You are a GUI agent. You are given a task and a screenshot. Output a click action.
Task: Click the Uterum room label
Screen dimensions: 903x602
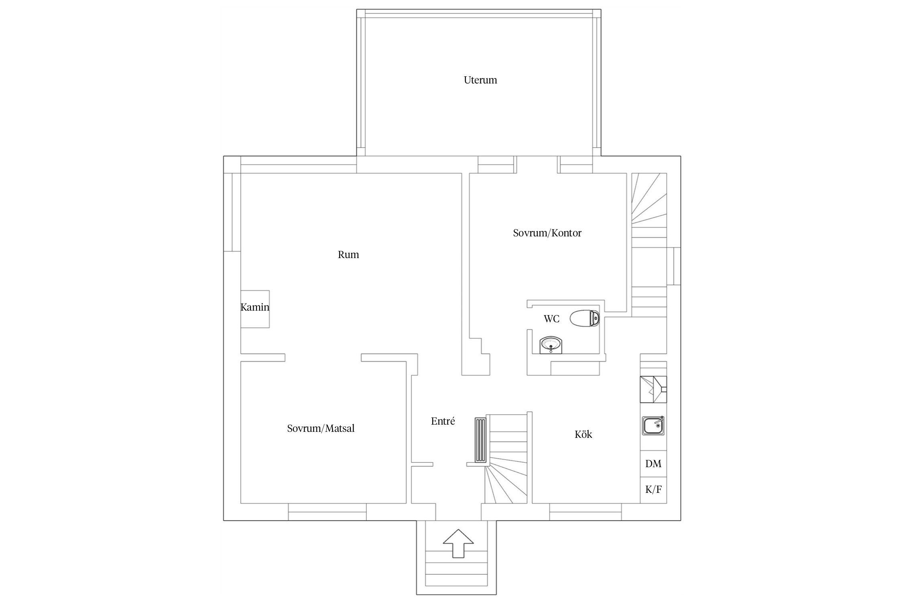coord(480,80)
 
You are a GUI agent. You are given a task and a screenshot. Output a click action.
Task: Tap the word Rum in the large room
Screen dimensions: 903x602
coord(348,255)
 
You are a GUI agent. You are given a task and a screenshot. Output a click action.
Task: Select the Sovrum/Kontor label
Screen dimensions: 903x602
coord(547,233)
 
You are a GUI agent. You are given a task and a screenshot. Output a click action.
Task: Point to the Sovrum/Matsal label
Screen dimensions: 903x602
coord(321,429)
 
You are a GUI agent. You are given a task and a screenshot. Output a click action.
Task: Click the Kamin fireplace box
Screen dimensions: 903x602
coord(255,309)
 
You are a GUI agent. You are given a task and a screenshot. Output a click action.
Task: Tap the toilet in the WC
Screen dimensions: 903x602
coord(585,318)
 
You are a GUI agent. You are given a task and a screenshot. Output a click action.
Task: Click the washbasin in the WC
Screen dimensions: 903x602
coord(551,345)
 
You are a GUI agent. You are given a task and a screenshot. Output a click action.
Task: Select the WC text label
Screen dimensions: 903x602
coord(551,319)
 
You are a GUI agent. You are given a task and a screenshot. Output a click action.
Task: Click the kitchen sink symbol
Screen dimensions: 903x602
coord(653,425)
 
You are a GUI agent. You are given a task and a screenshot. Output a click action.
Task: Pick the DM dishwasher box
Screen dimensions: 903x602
coord(653,464)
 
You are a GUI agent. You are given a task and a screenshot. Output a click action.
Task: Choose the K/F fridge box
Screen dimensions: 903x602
coord(653,490)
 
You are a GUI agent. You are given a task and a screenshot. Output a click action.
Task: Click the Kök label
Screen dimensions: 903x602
coord(583,435)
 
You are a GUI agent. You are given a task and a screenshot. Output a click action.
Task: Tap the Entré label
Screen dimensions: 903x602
coord(443,421)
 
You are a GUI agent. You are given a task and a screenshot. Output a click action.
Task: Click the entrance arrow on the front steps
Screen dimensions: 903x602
coord(458,543)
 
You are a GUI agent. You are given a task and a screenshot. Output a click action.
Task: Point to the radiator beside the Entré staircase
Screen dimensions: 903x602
coord(480,440)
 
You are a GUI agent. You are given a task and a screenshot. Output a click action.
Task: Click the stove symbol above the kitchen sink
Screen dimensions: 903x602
coord(653,389)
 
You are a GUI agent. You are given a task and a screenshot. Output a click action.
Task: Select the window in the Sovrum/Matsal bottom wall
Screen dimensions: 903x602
coord(327,512)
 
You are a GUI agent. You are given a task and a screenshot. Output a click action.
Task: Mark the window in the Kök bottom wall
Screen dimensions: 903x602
coord(586,512)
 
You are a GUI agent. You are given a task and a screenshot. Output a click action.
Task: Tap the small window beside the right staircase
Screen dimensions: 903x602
coord(674,266)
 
